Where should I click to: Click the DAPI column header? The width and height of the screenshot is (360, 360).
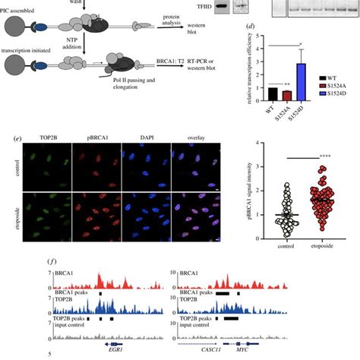147,141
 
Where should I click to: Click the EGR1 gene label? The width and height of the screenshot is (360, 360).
100,344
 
